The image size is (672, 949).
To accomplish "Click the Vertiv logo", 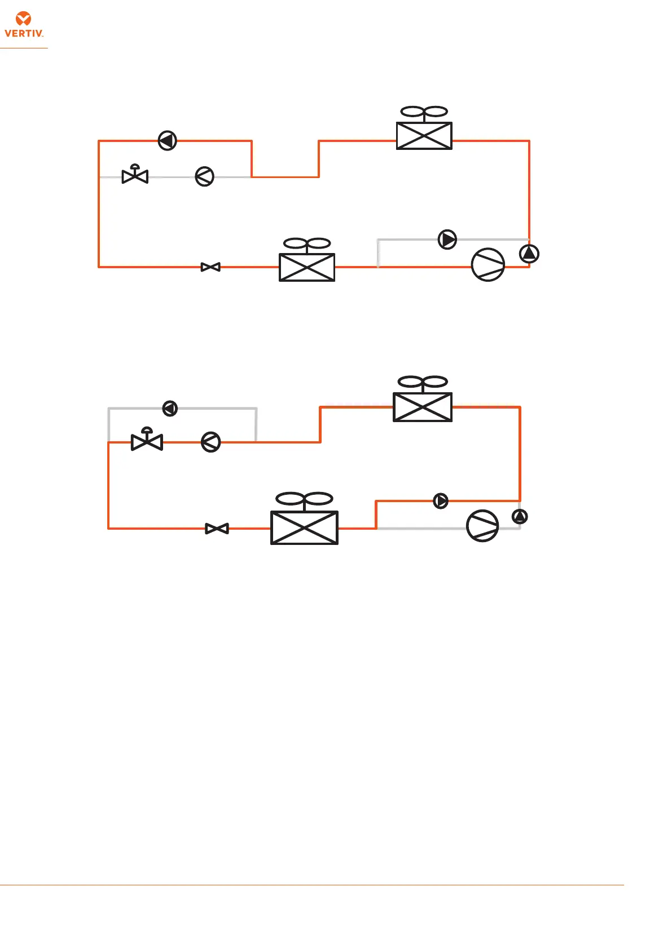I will coord(24,25).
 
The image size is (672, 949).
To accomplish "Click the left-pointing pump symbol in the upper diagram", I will coord(168,140).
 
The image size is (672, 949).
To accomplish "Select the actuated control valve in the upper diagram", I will coord(135,175).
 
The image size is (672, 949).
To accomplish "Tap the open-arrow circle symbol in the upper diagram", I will coord(204,177).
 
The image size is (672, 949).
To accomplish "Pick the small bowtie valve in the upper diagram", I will coord(210,267).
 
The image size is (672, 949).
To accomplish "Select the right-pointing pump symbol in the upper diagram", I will coord(447,240).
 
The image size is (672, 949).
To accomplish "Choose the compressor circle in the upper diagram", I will coord(488,265).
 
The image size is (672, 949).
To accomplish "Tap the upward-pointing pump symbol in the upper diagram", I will coord(529,254).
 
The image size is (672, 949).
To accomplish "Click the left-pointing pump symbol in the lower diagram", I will coord(170,408).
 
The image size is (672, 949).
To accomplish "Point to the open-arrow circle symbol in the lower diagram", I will coord(211,442).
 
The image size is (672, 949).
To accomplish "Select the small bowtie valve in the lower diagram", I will coord(217,529).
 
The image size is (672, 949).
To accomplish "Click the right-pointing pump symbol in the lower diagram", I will coord(441,500).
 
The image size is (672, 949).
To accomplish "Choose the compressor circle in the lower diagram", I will coord(482,526).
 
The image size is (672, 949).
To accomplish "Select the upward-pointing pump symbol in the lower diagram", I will coord(520,516).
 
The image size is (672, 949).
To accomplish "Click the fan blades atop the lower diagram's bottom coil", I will coord(305,499).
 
